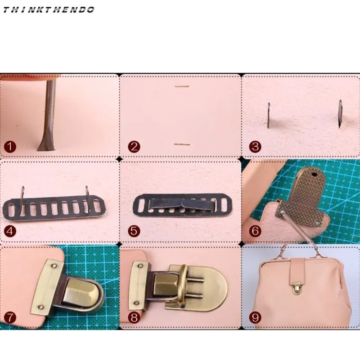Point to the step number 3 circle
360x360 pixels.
255,146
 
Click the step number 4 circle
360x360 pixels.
10,232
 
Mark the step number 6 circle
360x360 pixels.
255,231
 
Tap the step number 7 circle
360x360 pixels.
10,317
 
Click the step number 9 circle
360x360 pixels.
255,318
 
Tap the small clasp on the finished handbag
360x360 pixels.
297,301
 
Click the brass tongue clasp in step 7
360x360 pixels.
79,290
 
